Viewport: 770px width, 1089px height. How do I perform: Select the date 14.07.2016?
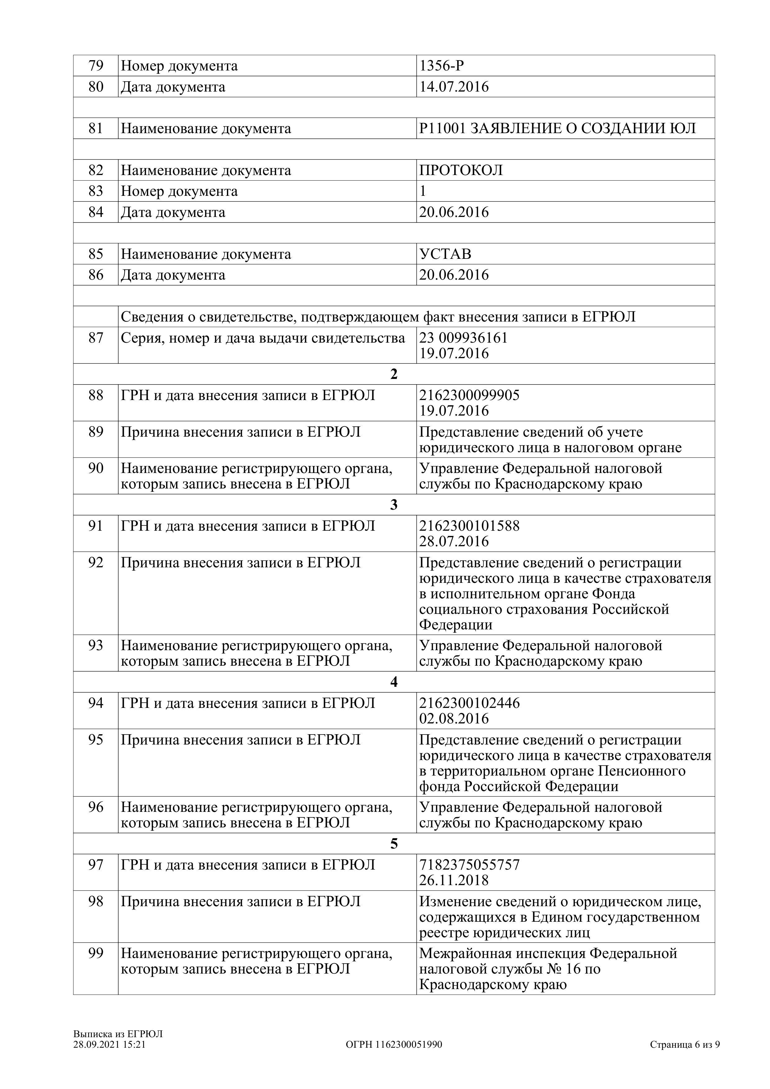[454, 87]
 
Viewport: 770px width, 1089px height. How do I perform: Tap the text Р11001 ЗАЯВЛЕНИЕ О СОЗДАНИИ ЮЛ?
[557, 128]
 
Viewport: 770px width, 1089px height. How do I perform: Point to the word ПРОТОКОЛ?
[461, 170]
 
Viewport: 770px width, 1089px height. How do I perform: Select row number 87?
[96, 338]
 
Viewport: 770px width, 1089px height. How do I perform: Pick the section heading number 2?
[394, 374]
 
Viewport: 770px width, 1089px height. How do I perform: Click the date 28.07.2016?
[454, 541]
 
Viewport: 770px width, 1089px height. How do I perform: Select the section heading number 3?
[394, 505]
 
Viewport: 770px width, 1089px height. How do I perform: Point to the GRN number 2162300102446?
[469, 703]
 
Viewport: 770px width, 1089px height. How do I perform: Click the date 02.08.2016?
[454, 718]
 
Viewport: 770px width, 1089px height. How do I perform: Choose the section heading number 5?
[394, 844]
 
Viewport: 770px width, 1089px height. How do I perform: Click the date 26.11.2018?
[454, 880]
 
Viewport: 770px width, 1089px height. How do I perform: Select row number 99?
[96, 953]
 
